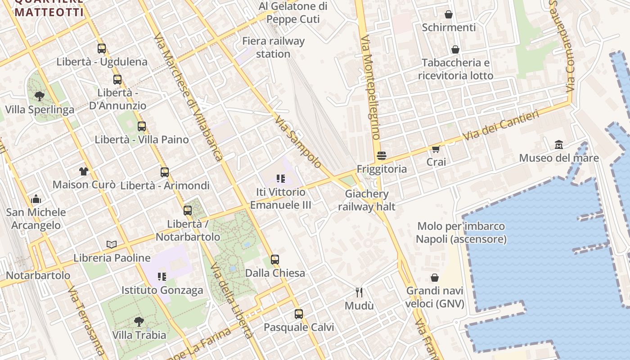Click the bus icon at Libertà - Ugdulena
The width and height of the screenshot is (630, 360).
102,48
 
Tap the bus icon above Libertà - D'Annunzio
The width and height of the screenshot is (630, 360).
117,79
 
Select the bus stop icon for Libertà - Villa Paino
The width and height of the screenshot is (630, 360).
142,126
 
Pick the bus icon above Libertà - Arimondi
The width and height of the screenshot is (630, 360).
165,171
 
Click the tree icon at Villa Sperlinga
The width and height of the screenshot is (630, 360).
40,96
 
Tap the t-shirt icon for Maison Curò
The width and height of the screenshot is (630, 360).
84,171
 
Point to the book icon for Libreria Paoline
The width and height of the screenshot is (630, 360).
112,244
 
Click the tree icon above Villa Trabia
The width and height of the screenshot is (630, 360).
139,321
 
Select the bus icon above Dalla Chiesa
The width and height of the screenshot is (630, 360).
275,259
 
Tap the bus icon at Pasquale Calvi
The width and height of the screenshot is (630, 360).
299,314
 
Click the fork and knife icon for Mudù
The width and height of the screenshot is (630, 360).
359,292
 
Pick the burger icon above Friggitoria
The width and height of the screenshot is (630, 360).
382,156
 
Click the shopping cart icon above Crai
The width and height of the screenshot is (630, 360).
436,148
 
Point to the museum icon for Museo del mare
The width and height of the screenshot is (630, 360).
559,144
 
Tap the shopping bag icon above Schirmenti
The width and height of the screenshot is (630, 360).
449,14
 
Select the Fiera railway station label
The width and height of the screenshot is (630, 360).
273,47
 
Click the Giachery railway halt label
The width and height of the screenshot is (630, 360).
367,200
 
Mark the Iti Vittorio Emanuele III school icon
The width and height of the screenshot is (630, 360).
281,178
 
